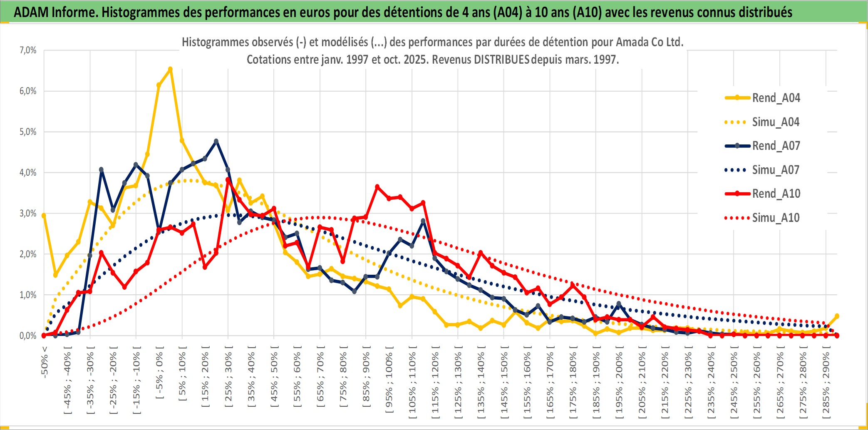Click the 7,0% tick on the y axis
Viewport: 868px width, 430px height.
(x=28, y=50)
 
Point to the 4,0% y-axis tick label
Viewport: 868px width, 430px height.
(x=28, y=172)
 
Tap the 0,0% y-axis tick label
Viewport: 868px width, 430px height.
(x=28, y=336)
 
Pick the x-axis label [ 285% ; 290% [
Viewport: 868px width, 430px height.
(x=826, y=383)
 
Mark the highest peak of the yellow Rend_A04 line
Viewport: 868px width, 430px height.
(x=170, y=69)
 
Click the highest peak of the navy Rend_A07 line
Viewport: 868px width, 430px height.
(x=216, y=141)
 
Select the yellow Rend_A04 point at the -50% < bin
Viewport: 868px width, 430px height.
(x=44, y=215)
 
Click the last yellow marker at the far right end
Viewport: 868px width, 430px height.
(x=837, y=316)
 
